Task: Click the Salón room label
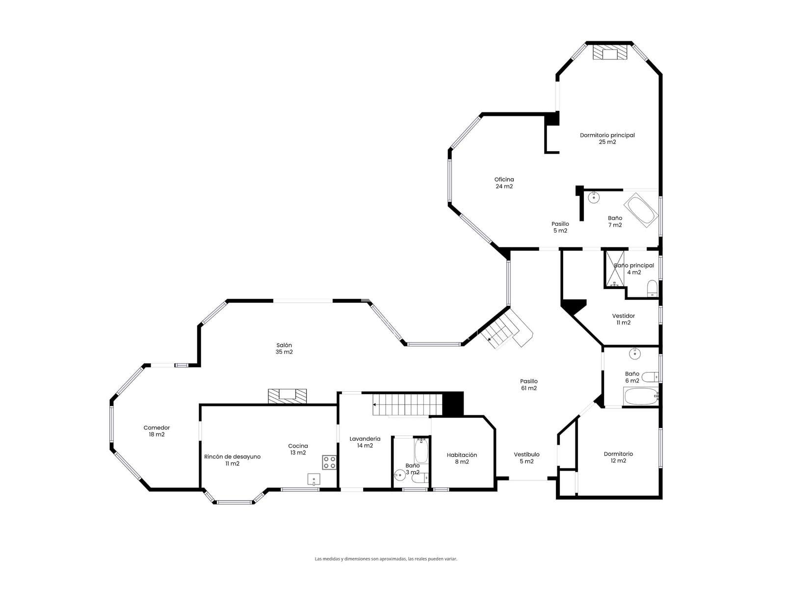284,348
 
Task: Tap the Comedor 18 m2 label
157,431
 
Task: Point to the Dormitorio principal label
607,138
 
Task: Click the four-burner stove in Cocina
329,462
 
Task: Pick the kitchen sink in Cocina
314,479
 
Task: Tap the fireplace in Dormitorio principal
610,52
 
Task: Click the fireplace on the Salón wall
287,396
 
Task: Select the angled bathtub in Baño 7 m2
641,210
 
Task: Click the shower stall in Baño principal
614,269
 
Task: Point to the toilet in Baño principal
653,289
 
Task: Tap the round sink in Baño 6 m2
634,354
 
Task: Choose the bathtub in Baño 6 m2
641,397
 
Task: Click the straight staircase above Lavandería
407,404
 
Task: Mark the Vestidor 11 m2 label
624,319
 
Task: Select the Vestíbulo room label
526,454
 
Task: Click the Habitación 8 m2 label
462,458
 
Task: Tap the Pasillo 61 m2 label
528,384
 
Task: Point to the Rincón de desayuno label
232,456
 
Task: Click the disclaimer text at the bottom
386,559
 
